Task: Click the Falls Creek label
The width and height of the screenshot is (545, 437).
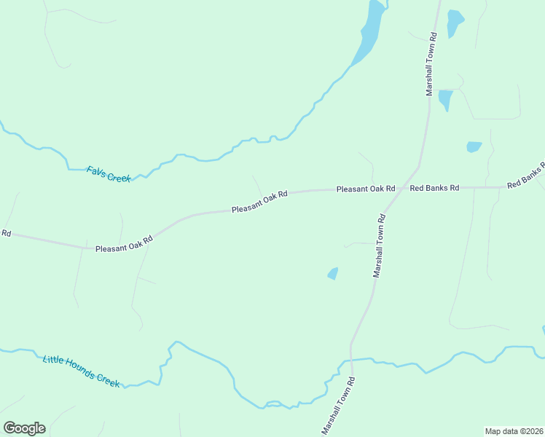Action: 108,173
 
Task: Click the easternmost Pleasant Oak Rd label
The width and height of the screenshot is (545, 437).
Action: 365,189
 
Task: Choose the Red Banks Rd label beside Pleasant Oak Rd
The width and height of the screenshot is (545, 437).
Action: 434,188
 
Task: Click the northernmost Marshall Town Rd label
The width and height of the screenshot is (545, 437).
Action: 431,64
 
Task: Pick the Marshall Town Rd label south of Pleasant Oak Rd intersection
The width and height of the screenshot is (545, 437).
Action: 379,245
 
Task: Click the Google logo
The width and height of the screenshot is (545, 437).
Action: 24,428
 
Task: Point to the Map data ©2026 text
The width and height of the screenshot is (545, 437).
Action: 514,431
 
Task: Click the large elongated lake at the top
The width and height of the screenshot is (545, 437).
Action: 368,35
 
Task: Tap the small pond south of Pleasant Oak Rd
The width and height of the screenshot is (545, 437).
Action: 333,273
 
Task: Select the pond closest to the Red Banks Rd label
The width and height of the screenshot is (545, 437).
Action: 474,146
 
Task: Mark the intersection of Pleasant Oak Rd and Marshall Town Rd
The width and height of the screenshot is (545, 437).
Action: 399,188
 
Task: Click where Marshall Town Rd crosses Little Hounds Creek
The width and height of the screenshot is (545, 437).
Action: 351,359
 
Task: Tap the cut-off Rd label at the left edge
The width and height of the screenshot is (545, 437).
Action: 6,233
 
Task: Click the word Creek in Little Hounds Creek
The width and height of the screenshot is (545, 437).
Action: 106,380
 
